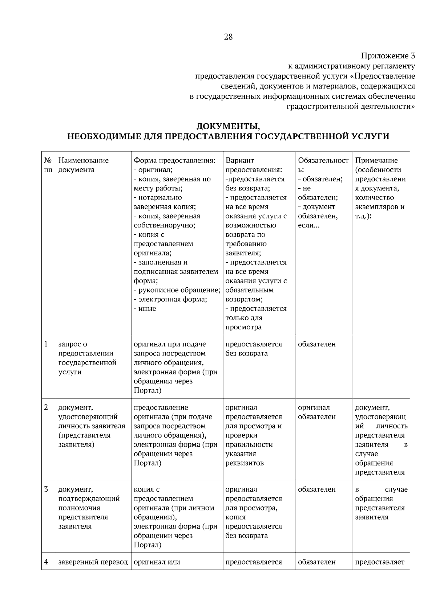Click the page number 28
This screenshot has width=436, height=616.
point(228,37)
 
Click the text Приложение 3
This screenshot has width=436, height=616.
point(388,56)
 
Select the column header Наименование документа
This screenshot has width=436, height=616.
point(84,165)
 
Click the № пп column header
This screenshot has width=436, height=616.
point(48,165)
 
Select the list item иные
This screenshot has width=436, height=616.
point(147,308)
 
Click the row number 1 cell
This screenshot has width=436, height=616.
point(46,344)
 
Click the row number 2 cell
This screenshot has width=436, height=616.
point(46,407)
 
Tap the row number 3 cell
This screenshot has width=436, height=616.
point(46,489)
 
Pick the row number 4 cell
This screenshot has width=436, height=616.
point(46,562)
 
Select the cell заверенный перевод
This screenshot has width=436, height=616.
point(93,562)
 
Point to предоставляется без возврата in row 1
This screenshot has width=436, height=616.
point(253,349)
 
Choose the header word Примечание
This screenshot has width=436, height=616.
point(376,160)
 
